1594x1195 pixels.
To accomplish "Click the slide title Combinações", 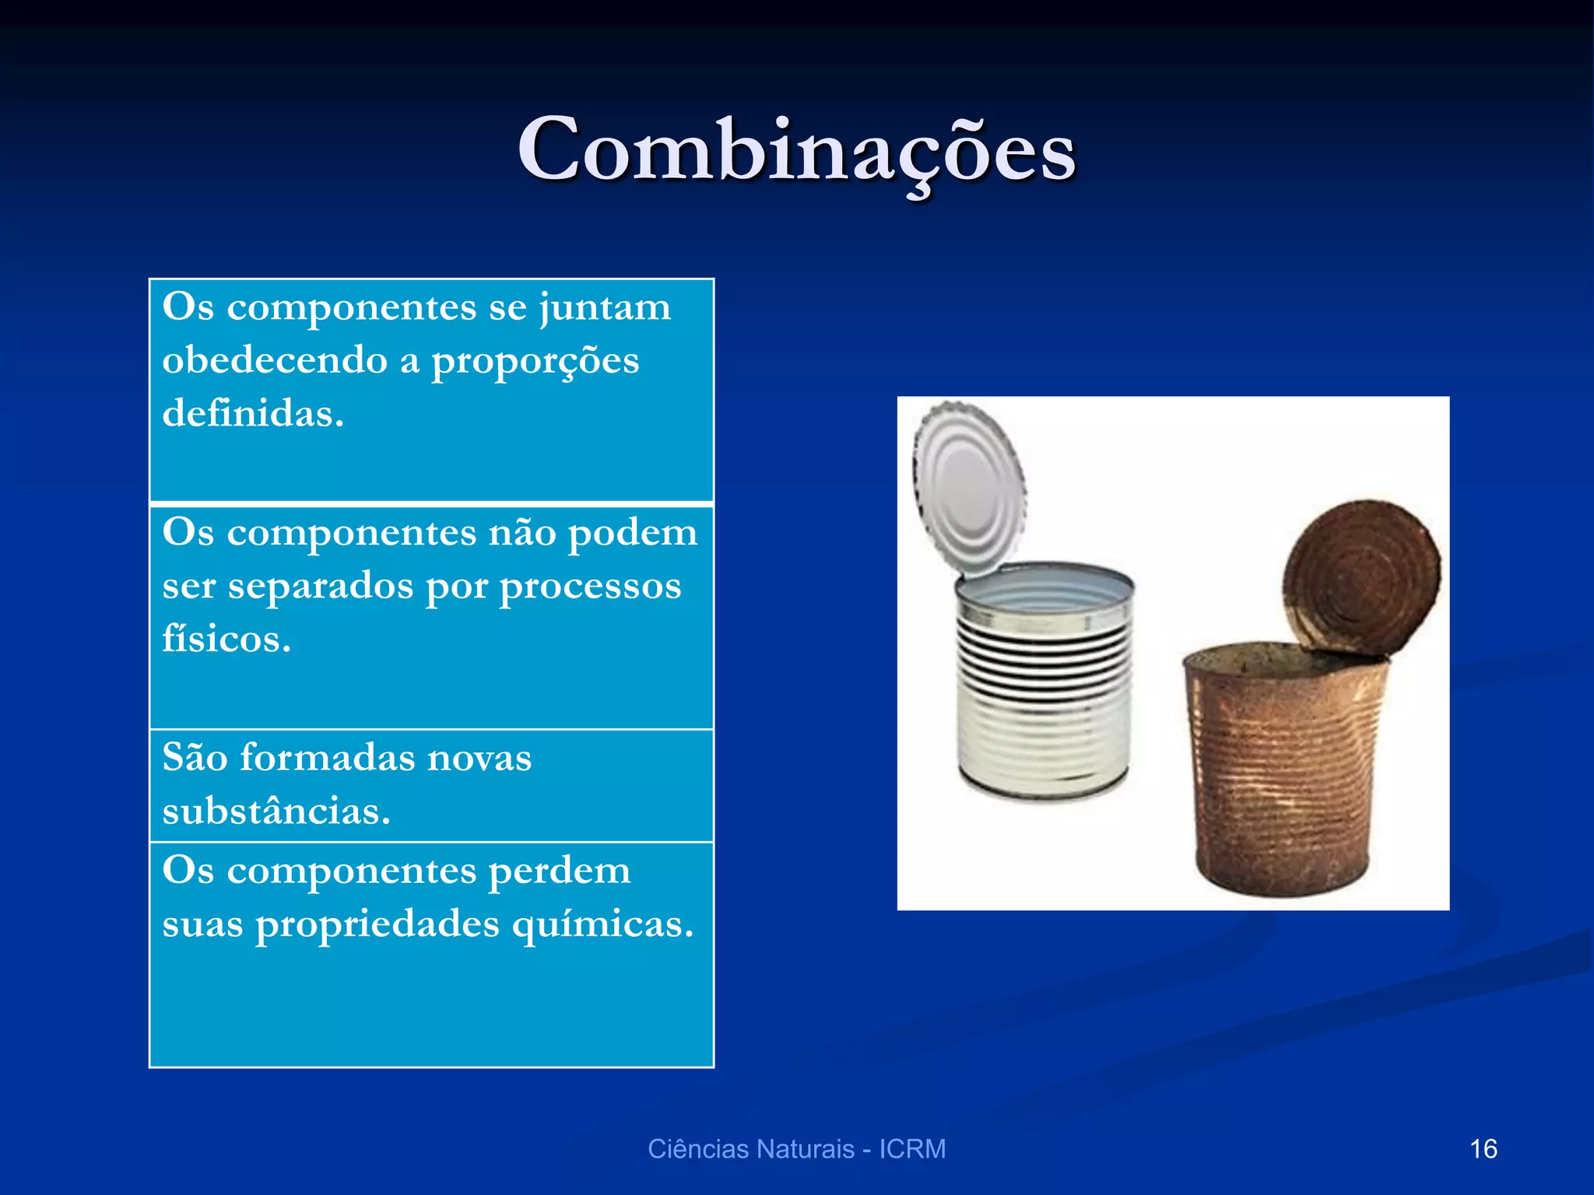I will coord(796,149).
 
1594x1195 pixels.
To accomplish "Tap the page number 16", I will coord(1483,1149).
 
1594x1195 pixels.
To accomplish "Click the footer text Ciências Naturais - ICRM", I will coord(796,1149).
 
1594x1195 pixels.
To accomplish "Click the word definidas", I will coord(252,414).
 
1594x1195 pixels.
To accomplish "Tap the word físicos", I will coord(226,640).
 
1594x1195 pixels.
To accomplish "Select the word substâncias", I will coord(276,811).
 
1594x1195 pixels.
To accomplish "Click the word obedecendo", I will coord(274,361).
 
